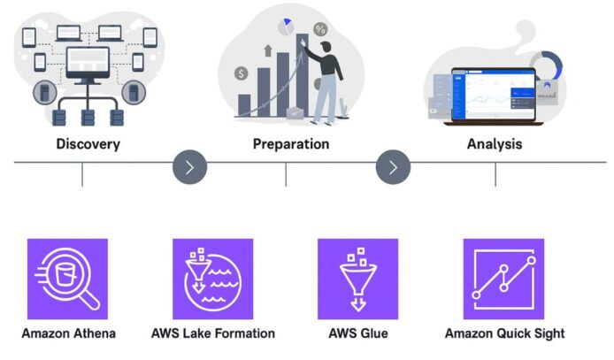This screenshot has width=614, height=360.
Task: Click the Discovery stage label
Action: (x=88, y=144)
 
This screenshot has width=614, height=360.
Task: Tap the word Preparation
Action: (x=290, y=143)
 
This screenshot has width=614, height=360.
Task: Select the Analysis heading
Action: (x=494, y=143)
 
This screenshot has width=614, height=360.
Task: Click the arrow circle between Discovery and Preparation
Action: (x=190, y=165)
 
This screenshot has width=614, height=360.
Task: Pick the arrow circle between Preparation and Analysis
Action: (x=394, y=165)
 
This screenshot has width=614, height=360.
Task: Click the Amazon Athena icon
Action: (x=67, y=279)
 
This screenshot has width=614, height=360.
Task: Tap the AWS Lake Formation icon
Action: (x=213, y=279)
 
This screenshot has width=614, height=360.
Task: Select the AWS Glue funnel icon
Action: (x=357, y=279)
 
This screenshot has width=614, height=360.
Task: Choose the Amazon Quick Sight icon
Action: (x=503, y=279)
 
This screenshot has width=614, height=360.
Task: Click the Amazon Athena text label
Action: (x=69, y=333)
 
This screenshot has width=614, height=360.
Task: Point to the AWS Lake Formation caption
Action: (x=213, y=333)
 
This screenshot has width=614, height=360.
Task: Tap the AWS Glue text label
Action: (x=357, y=333)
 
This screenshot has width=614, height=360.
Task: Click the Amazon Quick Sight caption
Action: (x=504, y=333)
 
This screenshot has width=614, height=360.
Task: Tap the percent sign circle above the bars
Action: (x=320, y=30)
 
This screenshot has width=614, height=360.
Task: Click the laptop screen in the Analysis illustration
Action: (x=494, y=92)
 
